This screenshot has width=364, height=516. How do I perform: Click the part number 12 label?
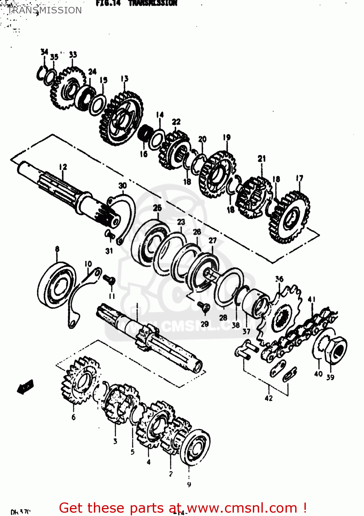pos(63,167)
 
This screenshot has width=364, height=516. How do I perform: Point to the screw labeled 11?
pos(110,280)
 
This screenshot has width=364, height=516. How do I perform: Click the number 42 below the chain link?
pos(268,398)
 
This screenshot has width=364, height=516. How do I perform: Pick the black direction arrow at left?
pos(25,387)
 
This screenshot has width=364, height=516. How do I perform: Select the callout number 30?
pos(122,186)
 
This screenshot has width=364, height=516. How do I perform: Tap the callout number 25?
pos(157,208)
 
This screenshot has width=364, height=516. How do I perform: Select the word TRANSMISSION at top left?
pos(45,10)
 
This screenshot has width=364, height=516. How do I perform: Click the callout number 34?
pos(44,52)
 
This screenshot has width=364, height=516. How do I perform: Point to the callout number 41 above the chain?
pos(311,299)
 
